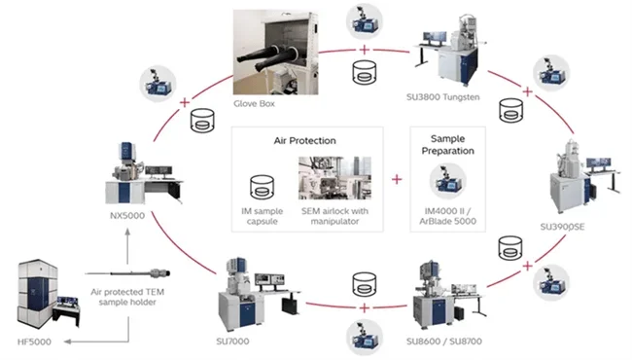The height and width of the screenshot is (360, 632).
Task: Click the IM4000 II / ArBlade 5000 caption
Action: tap(448, 216)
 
